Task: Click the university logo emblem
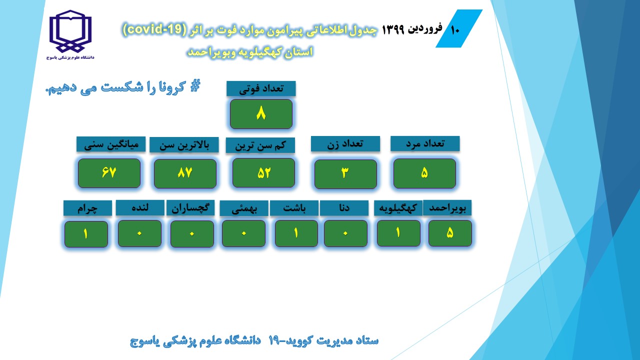[70, 31]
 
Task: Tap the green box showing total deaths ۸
[261, 114]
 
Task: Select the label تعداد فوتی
[261, 88]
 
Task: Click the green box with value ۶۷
[109, 173]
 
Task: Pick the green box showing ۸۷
[185, 173]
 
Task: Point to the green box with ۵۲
[263, 173]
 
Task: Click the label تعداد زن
[345, 143]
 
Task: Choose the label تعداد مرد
[425, 143]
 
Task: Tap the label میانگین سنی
[111, 144]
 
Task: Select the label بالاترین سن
[184, 145]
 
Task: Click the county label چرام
[87, 208]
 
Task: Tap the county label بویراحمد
[447, 207]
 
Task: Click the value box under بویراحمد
[450, 233]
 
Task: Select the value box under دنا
[345, 233]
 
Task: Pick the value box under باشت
[296, 233]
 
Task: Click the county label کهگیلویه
[398, 208]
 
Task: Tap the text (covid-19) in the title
[154, 29]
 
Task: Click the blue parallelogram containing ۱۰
[459, 28]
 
